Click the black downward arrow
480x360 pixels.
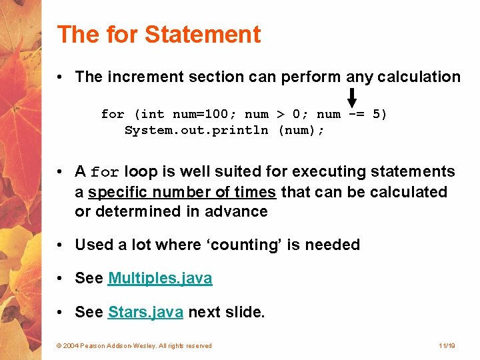pos(352,98)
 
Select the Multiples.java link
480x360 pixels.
pos(160,278)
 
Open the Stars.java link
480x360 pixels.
pos(145,311)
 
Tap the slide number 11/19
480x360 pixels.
pos(447,345)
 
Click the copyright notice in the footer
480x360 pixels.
pos(134,345)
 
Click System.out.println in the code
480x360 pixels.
pos(197,130)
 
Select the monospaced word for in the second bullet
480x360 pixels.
pos(105,173)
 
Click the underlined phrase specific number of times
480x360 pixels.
pos(182,192)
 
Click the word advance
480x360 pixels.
pos(241,212)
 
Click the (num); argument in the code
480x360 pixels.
pos(301,130)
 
